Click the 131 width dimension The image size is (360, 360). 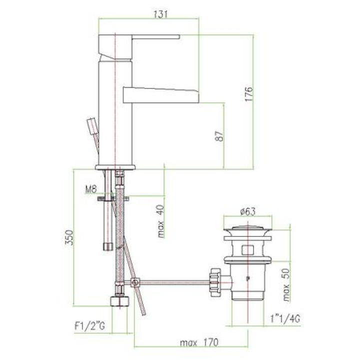160,14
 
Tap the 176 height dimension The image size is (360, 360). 248,93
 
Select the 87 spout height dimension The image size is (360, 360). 219,136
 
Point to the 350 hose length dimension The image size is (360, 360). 69,237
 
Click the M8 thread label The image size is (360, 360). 91,189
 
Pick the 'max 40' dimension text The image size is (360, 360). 161,221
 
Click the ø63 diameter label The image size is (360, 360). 247,211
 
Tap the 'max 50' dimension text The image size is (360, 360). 286,285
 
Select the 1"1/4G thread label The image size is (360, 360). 285,318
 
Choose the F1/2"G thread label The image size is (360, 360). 90,326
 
